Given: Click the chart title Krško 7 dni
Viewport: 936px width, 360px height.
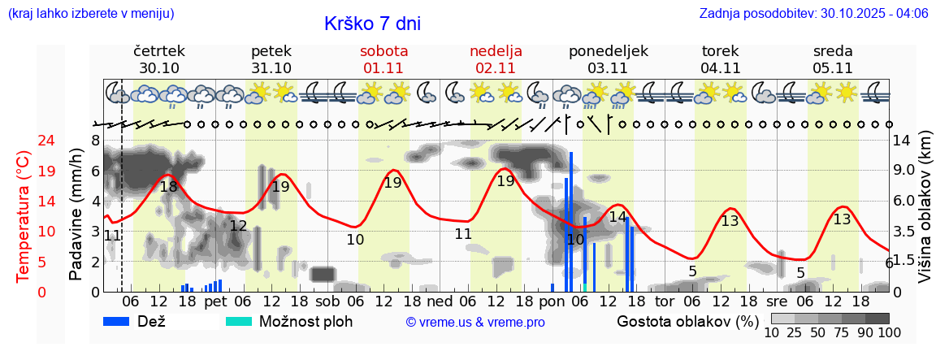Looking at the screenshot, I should (x=372, y=24).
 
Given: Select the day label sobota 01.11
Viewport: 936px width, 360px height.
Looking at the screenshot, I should (x=383, y=59).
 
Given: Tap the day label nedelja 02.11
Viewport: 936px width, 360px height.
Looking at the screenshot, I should (x=496, y=59).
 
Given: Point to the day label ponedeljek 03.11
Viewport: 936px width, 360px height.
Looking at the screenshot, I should (x=608, y=59).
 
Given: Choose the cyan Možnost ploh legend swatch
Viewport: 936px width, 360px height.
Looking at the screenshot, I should (x=239, y=321).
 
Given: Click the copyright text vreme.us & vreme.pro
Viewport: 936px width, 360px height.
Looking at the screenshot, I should (x=475, y=322).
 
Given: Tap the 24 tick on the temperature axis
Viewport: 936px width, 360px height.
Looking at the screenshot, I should (x=24, y=141).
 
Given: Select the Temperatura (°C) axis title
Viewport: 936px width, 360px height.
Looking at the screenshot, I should (x=24, y=217).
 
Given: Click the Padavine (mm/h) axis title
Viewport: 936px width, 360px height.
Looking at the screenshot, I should (x=76, y=215).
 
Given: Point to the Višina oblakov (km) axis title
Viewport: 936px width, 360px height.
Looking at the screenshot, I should (x=925, y=216).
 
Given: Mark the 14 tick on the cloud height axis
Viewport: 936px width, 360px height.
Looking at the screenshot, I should (x=901, y=141).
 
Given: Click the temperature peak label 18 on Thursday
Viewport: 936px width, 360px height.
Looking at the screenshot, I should (x=168, y=187).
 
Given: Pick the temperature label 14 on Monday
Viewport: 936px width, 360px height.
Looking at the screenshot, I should (x=617, y=217).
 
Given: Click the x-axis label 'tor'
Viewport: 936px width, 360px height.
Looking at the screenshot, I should (x=665, y=301).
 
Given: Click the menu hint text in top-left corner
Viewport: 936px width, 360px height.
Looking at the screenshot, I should (x=91, y=14).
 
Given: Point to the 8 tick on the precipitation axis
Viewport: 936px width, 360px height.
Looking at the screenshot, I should (x=95, y=141).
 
